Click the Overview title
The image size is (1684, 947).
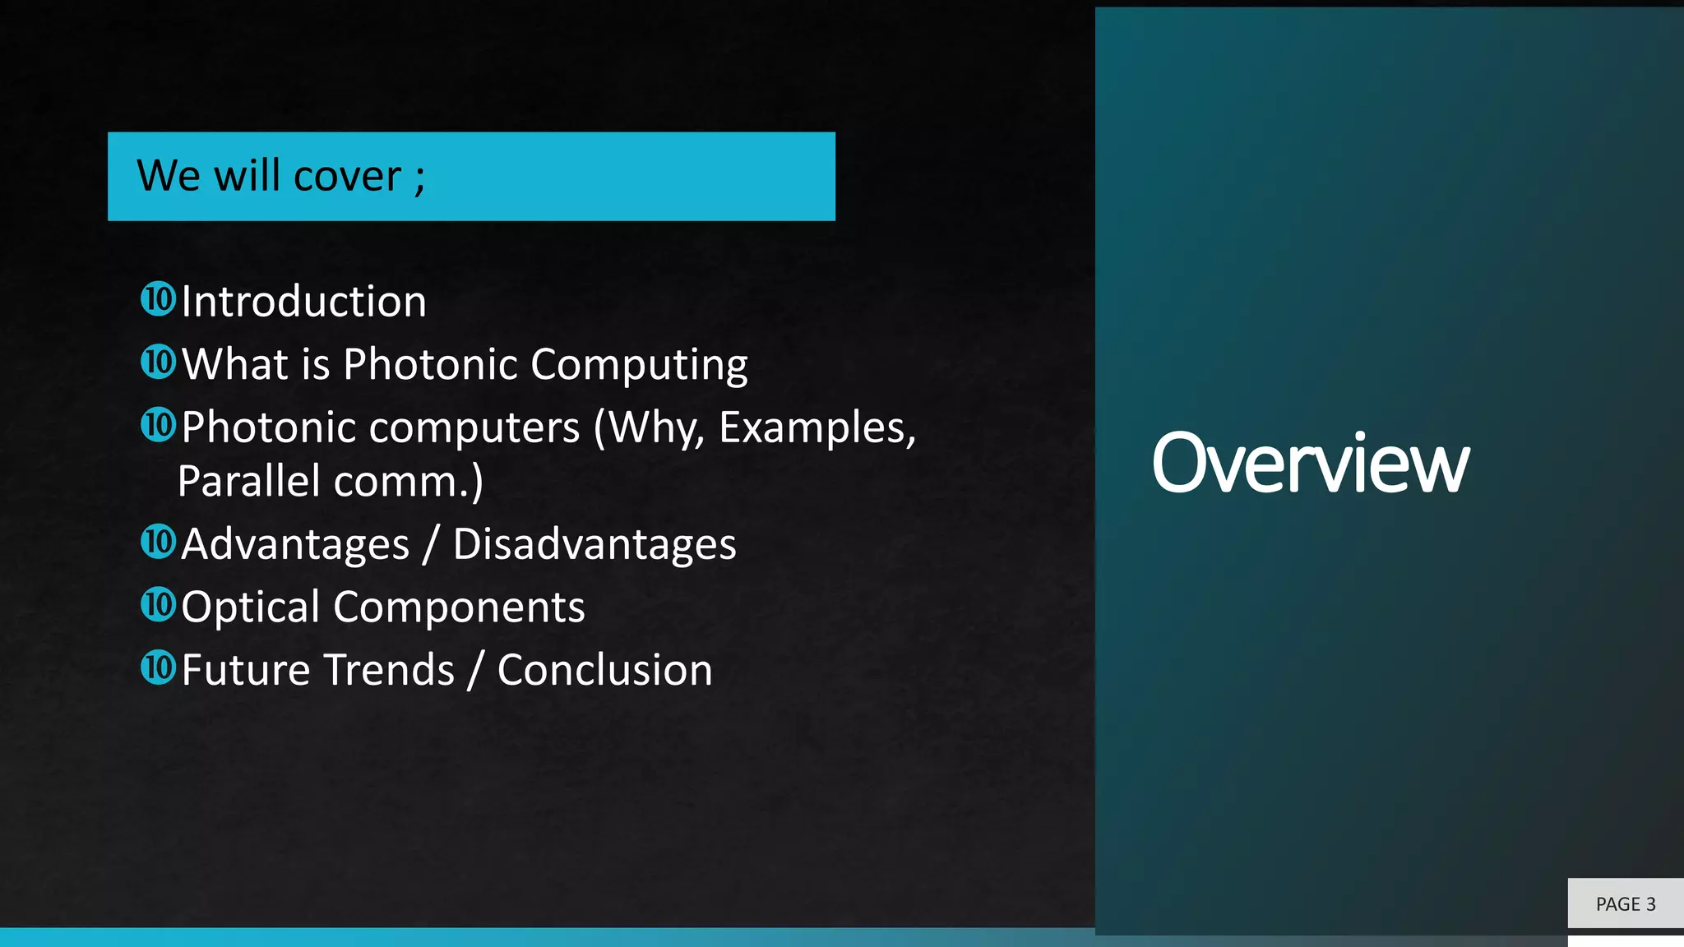1310,464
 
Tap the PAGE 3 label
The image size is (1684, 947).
1625,904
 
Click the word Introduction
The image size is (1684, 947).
303,301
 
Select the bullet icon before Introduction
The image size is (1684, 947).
158,299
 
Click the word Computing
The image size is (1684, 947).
639,364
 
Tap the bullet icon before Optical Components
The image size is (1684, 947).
158,605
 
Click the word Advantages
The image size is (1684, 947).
295,544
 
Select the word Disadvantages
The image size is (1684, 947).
594,544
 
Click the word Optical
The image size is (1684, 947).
250,607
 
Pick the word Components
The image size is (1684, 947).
459,607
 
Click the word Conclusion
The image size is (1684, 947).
604,670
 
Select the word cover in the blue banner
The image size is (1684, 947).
347,176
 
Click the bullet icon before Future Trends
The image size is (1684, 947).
158,668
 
